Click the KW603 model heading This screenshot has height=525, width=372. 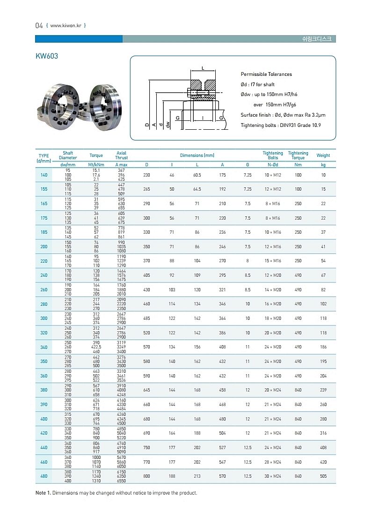(47, 55)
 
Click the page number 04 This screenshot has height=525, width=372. (39, 25)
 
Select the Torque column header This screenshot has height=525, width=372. (96, 155)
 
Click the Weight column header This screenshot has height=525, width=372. (323, 155)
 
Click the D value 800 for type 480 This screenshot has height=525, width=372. (146, 476)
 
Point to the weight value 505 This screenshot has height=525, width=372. (323, 476)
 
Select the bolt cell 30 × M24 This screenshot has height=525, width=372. (273, 476)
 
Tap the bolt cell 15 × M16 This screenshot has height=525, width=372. (273, 261)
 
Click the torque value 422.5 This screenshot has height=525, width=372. (96, 347)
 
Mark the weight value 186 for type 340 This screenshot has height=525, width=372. (323, 347)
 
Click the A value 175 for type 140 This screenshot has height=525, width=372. (222, 175)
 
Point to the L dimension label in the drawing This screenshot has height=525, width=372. (203, 68)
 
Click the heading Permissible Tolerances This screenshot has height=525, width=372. (266, 74)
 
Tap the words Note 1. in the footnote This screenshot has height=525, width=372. (43, 493)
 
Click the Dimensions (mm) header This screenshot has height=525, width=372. (197, 155)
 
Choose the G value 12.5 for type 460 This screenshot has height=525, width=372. (248, 462)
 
